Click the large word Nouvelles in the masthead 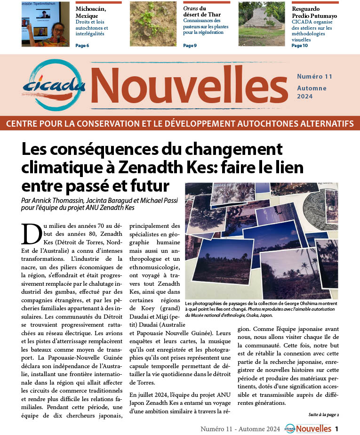188,85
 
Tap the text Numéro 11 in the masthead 314,76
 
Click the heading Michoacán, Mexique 90,12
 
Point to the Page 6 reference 82,46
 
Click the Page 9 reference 190,46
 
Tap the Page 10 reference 300,46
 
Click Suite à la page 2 324,414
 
